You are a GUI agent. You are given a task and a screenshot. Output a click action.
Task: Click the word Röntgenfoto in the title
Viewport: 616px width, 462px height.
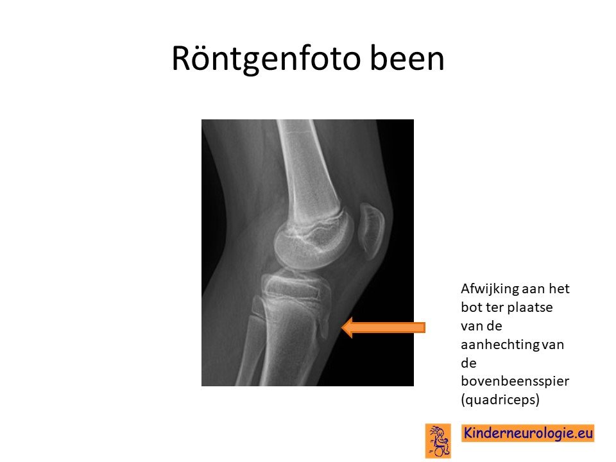tap(266, 59)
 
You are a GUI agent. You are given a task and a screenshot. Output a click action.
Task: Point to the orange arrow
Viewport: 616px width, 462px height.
tap(383, 327)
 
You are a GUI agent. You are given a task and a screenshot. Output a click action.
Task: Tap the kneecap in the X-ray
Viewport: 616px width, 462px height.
tap(372, 231)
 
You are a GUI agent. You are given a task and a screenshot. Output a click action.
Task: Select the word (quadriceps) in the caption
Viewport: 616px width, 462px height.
tap(500, 400)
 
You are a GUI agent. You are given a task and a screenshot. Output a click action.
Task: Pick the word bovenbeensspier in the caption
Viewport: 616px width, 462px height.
tap(515, 381)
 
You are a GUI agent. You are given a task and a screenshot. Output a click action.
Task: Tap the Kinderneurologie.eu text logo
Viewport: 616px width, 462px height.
tap(528, 433)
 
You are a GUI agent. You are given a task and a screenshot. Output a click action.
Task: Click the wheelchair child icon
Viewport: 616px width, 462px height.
tap(438, 441)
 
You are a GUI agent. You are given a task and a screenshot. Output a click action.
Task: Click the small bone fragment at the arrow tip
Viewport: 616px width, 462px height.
tap(324, 327)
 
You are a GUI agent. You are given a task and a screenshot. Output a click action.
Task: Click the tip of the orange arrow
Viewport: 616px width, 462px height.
tap(341, 327)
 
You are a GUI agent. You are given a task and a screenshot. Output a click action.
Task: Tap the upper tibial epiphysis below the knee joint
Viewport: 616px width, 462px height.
tap(295, 285)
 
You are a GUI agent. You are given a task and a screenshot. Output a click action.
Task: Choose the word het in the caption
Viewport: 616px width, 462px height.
tap(559, 289)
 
